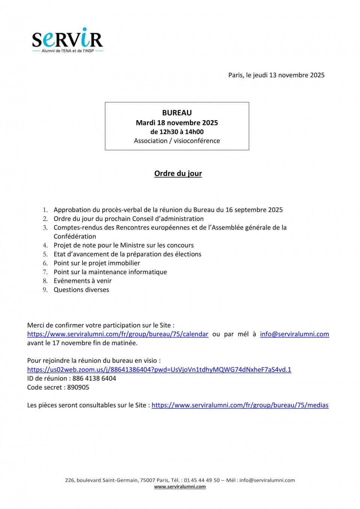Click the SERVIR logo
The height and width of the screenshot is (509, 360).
pyautogui.click(x=67, y=40)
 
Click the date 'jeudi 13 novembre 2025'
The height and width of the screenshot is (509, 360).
pyautogui.click(x=289, y=75)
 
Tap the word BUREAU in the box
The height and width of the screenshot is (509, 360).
pyautogui.click(x=177, y=113)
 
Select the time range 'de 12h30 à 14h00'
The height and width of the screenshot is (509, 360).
pyautogui.click(x=177, y=132)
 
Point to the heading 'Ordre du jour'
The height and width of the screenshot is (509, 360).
pyautogui.click(x=178, y=173)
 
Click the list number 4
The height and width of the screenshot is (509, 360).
pyautogui.click(x=45, y=245)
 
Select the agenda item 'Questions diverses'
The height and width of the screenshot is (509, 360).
pyautogui.click(x=81, y=290)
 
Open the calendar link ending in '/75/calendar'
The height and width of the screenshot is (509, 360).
pyautogui.click(x=117, y=334)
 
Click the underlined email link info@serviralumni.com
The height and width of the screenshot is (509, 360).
pyautogui.click(x=294, y=334)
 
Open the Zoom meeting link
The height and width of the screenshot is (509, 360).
pyautogui.click(x=159, y=369)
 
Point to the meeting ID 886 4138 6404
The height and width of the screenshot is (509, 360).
pyautogui.click(x=94, y=378)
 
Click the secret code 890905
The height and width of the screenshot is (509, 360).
pyautogui.click(x=78, y=387)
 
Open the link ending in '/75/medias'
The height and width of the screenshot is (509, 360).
pyautogui.click(x=240, y=405)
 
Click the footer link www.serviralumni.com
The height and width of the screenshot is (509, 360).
pyautogui.click(x=180, y=486)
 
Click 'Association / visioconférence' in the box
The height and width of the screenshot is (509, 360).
pyautogui.click(x=177, y=141)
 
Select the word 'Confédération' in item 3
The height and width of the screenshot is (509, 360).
pyautogui.click(x=75, y=236)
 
